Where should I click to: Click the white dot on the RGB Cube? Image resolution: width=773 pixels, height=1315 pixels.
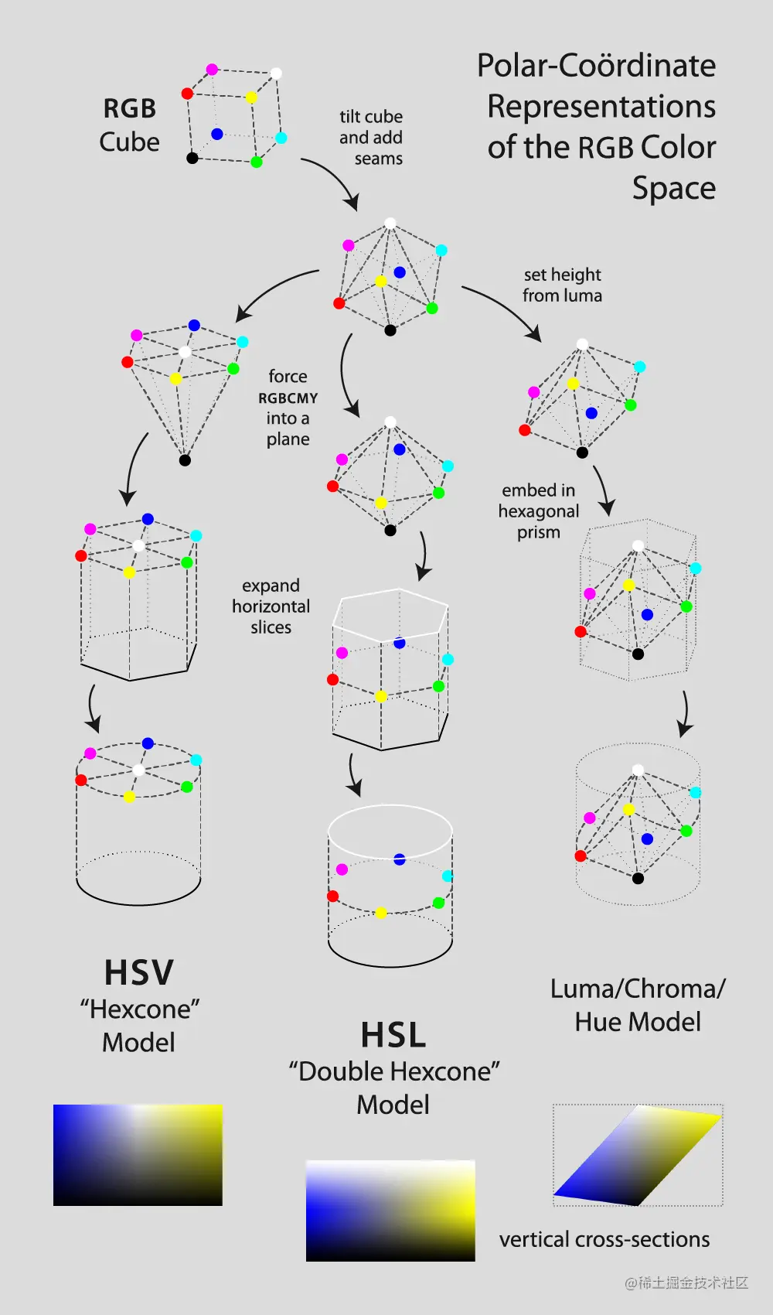[276, 73]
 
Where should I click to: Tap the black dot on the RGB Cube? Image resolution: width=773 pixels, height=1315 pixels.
[192, 158]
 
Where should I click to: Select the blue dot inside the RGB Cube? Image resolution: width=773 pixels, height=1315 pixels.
[217, 134]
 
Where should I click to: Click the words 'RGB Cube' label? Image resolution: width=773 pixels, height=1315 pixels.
[130, 125]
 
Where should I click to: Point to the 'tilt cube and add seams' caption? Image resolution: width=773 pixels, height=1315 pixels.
[372, 138]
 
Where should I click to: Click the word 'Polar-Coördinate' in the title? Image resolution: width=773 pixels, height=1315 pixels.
[596, 66]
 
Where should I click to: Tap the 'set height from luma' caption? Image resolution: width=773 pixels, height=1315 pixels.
[562, 285]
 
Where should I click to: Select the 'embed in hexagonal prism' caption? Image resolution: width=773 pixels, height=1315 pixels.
[539, 511]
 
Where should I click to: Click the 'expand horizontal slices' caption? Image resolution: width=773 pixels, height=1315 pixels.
[271, 606]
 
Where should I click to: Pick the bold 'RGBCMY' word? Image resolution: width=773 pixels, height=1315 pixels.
[288, 398]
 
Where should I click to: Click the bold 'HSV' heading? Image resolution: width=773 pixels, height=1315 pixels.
[139, 973]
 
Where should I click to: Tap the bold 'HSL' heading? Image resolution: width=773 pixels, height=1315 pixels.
[393, 1036]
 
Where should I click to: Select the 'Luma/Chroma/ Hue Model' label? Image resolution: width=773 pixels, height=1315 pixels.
[638, 1005]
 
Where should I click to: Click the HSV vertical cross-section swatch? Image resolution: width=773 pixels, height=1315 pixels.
[138, 1155]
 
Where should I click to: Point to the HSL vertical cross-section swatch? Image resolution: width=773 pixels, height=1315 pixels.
[390, 1211]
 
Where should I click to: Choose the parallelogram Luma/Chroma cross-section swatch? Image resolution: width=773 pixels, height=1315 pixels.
[638, 1155]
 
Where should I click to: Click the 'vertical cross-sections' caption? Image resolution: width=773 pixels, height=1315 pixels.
[604, 1239]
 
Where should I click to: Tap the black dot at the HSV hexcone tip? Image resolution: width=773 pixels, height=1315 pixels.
[185, 460]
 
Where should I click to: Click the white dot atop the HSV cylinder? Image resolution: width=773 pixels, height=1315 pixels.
[138, 770]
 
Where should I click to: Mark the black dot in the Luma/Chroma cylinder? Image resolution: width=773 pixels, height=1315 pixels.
[638, 878]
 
